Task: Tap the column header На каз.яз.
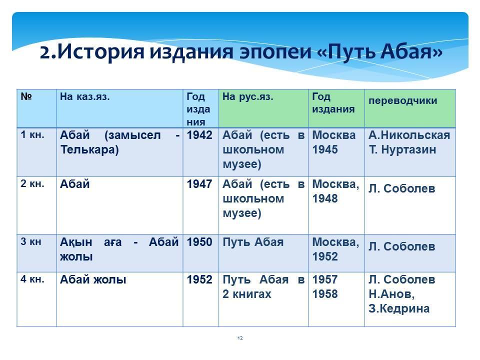[85, 96]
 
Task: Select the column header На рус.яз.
[247, 96]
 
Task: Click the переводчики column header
[403, 100]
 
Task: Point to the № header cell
[26, 96]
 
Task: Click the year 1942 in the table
[199, 135]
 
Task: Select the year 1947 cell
[199, 184]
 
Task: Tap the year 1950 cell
[199, 242]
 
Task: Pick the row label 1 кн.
[32, 134]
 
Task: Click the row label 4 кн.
[32, 279]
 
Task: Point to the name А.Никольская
[409, 135]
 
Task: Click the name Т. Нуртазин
[402, 149]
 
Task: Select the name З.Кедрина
[399, 308]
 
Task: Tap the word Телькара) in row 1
[89, 149]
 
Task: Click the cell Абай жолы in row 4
[93, 279]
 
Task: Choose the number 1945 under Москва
[325, 149]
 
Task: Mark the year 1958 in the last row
[325, 294]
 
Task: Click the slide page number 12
[240, 338]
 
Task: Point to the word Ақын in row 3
[76, 242]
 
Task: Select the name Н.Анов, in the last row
[391, 294]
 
